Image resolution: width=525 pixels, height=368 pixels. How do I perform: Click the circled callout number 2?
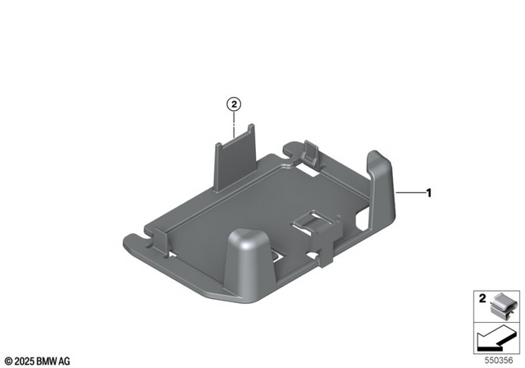click(235, 104)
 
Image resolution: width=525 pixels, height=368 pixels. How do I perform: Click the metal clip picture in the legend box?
click(500, 307)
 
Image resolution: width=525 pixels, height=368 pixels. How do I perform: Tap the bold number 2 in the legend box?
click(482, 299)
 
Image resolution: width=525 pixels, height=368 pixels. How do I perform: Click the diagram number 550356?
click(500, 359)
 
